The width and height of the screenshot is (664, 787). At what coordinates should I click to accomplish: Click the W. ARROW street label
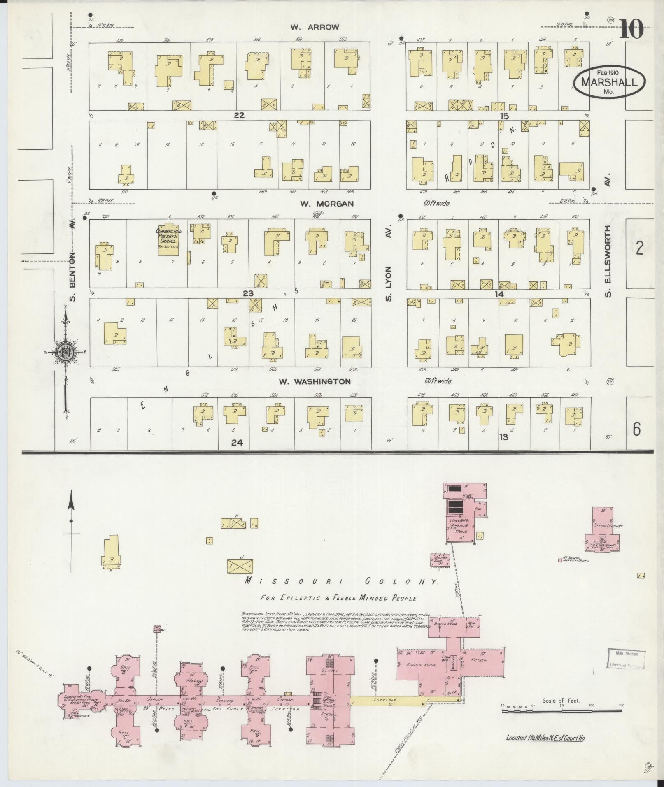point(315,27)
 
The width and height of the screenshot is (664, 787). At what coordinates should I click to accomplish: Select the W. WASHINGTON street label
point(315,381)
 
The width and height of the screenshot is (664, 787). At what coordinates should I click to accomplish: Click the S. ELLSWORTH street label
point(608,260)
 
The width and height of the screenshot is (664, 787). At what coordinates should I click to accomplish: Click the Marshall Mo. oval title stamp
point(609,82)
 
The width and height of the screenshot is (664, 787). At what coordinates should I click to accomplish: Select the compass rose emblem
point(66,351)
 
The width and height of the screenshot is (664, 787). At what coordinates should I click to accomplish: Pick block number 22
point(239,116)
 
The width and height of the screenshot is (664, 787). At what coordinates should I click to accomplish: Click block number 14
point(499,294)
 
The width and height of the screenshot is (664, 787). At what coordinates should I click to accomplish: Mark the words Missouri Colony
point(341,581)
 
